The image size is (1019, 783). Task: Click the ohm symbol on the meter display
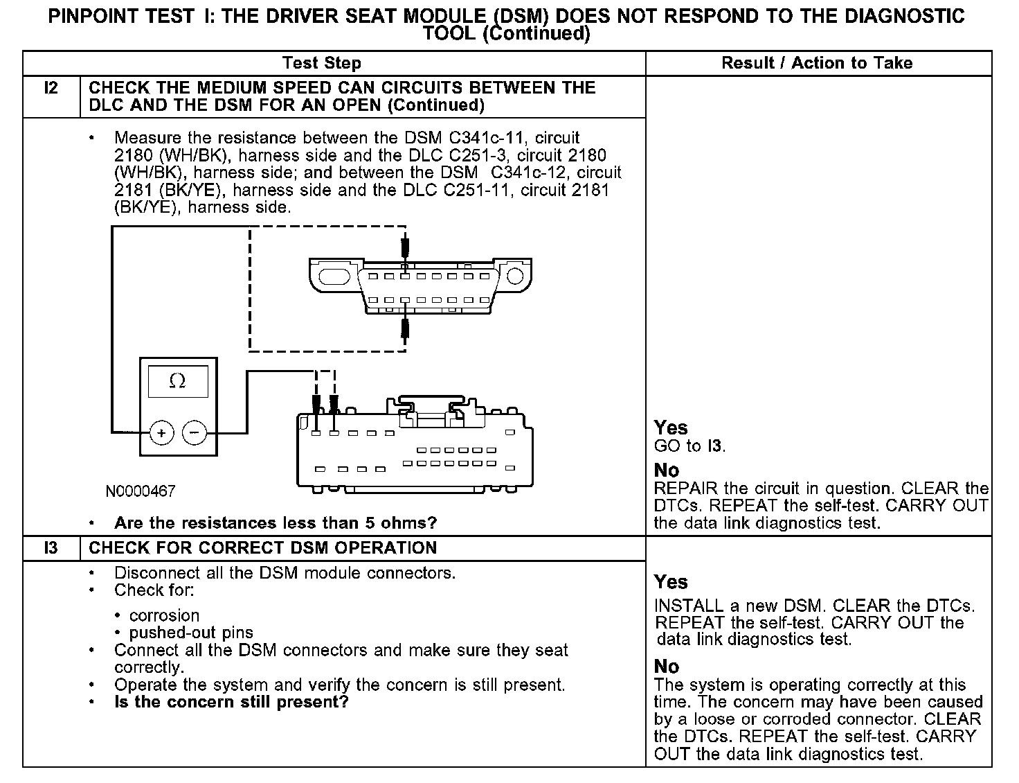tap(177, 381)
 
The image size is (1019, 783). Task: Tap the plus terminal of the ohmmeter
tap(161, 433)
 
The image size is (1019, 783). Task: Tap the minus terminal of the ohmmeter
tap(195, 433)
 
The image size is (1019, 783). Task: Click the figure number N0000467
tap(141, 491)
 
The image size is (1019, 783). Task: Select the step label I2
tap(51, 88)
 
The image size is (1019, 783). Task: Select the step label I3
tap(51, 548)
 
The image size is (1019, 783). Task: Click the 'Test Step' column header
tap(322, 64)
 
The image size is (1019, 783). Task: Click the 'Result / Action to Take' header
tap(817, 63)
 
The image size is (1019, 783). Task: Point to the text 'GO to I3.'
tap(689, 446)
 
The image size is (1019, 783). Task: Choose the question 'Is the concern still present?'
tap(231, 702)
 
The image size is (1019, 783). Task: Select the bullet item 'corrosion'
tap(164, 615)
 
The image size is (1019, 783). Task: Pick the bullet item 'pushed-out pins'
tap(191, 633)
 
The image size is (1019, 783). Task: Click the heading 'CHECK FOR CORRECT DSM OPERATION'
tap(263, 548)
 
